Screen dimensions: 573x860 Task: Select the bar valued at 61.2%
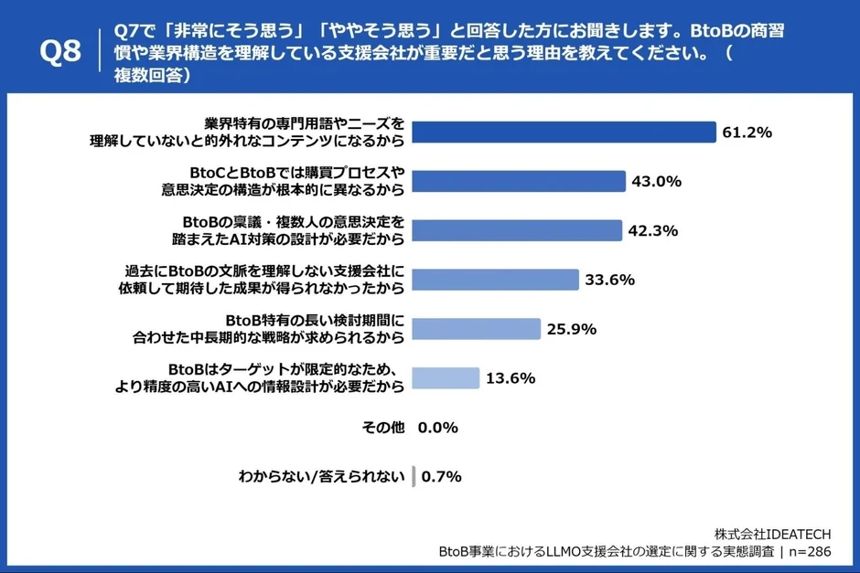pos(563,132)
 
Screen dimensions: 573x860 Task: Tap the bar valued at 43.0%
pos(518,181)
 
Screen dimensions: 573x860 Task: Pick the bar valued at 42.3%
pos(516,230)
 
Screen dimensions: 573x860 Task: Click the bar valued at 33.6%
pos(495,280)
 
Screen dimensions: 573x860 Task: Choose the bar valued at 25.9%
pos(476,329)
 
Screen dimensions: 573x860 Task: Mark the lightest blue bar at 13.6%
pos(446,377)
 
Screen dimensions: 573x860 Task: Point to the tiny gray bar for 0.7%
pos(414,476)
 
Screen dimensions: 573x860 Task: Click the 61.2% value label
pos(747,133)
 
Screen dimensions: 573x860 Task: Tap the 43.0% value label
pos(656,182)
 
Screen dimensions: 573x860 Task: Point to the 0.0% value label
pos(438,428)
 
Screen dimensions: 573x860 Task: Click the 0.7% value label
pos(441,477)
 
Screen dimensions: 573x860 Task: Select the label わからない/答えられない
pos(320,477)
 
